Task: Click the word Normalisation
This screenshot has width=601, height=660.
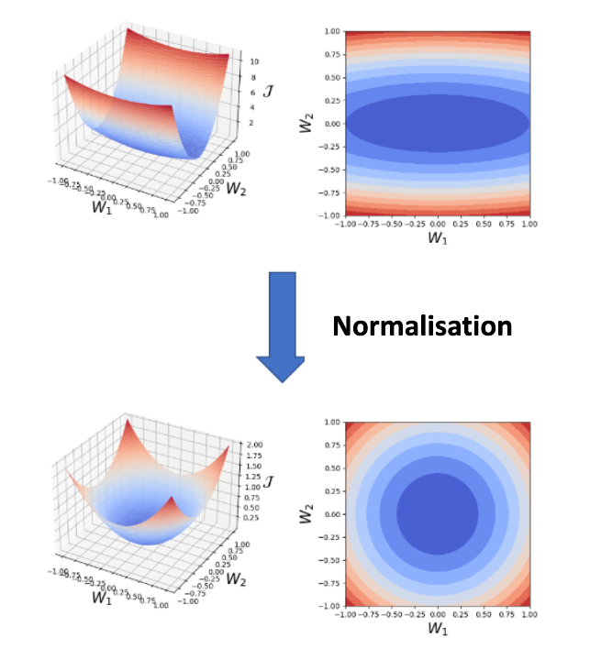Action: [422, 325]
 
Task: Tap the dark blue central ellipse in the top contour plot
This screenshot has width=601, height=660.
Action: [437, 123]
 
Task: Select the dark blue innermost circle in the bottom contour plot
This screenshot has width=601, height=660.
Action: [437, 513]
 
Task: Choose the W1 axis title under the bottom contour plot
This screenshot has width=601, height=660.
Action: [437, 631]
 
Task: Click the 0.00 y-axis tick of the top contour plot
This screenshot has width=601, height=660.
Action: [331, 123]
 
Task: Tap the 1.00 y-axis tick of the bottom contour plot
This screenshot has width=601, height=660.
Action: [331, 422]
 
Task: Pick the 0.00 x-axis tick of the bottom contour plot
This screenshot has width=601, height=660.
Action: [437, 614]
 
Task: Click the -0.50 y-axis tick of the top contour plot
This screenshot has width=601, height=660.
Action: [330, 170]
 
